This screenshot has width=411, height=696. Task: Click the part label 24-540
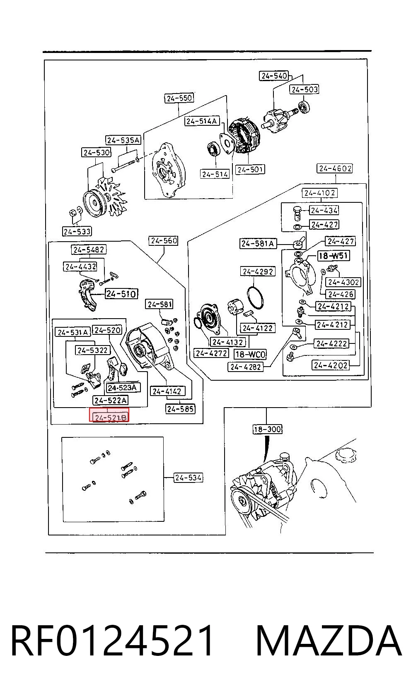click(x=274, y=76)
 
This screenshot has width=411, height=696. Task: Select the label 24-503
click(x=305, y=89)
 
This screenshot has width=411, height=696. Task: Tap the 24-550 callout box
click(x=179, y=98)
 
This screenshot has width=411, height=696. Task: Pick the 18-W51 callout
click(x=333, y=256)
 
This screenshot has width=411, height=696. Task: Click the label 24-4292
click(x=258, y=271)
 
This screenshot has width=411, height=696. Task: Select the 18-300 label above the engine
click(x=267, y=430)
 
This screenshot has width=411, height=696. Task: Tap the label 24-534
click(x=188, y=478)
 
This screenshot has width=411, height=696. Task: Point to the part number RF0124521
click(x=112, y=640)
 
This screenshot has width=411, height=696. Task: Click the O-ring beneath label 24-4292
click(x=255, y=298)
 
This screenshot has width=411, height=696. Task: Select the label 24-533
click(x=77, y=231)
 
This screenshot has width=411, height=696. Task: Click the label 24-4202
click(x=331, y=365)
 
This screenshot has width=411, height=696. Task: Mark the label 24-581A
click(x=257, y=243)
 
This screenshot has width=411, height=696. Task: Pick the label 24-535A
click(x=123, y=140)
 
